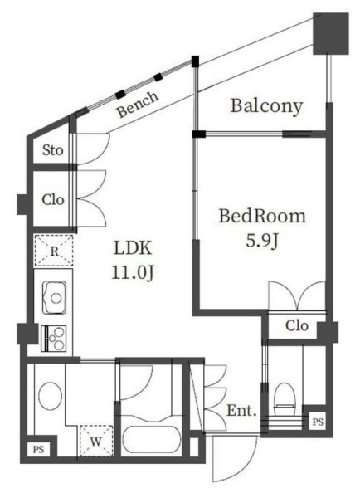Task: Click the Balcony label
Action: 267,106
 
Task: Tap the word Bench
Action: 138,105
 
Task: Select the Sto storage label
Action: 53,150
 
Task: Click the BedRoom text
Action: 262,216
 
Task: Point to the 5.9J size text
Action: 262,242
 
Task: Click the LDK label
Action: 132,248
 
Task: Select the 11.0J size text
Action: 132,272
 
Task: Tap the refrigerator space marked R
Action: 54,251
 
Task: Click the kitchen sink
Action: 54,297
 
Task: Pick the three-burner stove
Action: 54,338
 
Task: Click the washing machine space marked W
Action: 96,441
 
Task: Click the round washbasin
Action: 50,396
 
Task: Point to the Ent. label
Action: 241,410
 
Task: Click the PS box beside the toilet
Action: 318,422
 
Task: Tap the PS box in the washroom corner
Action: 38,449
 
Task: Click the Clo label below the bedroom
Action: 297,325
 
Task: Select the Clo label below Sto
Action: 53,200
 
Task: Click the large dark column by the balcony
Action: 331,34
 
